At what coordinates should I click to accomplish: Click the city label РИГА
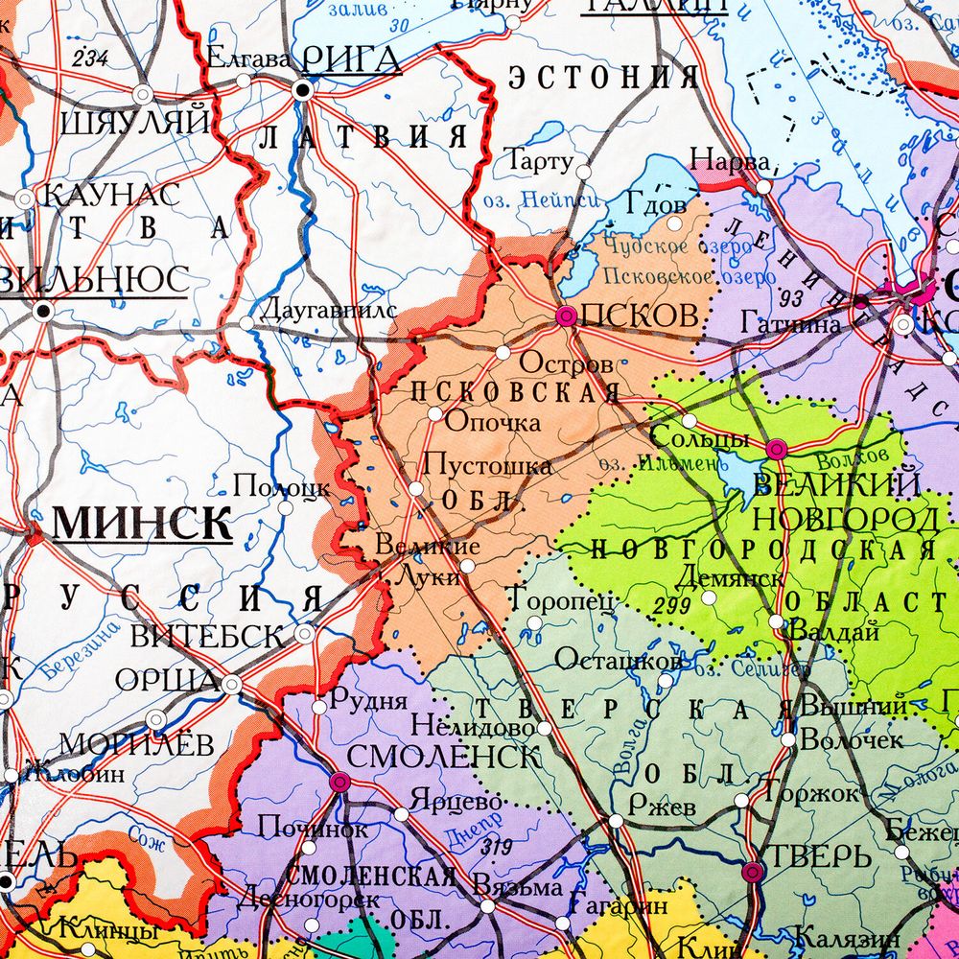coord(351,59)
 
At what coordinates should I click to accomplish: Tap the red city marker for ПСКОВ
coord(566,316)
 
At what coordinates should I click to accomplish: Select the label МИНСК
coord(142,524)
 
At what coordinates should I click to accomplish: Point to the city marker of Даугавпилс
coord(246,324)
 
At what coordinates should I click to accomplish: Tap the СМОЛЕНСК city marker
coord(338,783)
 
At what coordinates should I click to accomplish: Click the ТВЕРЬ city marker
coord(753,872)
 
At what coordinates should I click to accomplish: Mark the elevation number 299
coord(672,606)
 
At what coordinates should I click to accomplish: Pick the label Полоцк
coord(282,486)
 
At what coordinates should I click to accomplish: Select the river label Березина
coord(81,650)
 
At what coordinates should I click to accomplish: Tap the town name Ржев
coord(663,807)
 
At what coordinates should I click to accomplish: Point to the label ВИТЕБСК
coord(207,636)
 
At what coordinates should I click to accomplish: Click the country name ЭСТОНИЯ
coord(601,77)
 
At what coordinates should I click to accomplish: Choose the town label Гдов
coord(656,204)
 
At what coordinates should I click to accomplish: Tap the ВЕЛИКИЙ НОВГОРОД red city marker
coord(776,448)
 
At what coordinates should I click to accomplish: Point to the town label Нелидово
coord(473,726)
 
